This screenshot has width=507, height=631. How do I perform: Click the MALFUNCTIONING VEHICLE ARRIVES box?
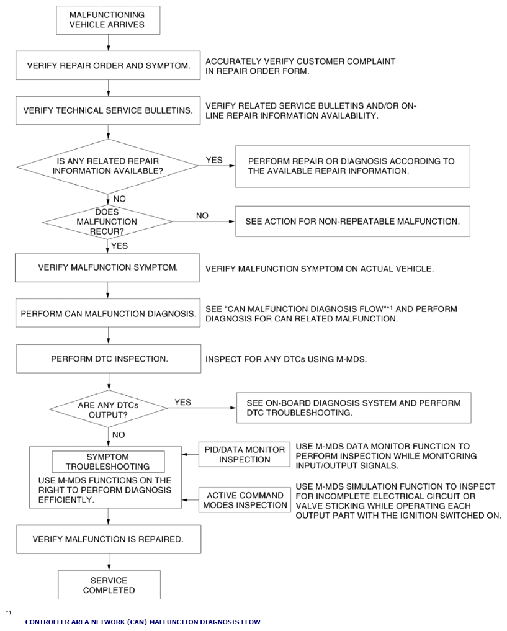[x=108, y=20]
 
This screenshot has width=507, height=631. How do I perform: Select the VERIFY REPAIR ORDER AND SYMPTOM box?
[x=108, y=65]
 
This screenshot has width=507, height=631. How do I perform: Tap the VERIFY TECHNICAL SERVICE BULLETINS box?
[x=108, y=110]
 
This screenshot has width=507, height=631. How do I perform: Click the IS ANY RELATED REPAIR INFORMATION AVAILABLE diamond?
[x=107, y=166]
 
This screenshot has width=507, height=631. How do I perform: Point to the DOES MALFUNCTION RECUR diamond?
[x=107, y=222]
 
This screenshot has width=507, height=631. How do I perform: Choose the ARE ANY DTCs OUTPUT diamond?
[x=108, y=409]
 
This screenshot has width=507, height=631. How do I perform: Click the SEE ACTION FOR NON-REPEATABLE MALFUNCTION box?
[x=352, y=222]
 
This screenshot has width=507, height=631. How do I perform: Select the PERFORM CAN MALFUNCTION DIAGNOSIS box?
[x=108, y=313]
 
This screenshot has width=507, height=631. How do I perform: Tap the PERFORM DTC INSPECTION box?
[x=109, y=359]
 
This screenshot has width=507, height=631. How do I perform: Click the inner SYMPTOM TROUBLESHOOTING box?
[x=108, y=462]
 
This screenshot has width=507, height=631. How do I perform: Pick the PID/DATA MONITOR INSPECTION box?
[x=245, y=454]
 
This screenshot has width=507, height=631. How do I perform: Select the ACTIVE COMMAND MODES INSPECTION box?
[x=245, y=500]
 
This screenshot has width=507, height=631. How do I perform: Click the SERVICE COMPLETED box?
[x=109, y=584]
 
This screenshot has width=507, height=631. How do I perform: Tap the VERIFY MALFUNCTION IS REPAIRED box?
[x=109, y=539]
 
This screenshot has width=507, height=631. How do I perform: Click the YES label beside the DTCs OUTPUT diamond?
[x=182, y=402]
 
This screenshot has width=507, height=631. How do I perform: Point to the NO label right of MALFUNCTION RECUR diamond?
[x=202, y=216]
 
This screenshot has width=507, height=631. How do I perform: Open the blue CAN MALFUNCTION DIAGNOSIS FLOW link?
[x=143, y=622]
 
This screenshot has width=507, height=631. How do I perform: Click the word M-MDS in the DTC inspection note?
[x=351, y=359]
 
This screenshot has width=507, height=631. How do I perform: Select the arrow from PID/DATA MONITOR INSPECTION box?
[x=191, y=454]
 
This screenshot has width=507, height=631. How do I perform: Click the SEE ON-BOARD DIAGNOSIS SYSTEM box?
[x=354, y=408]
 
